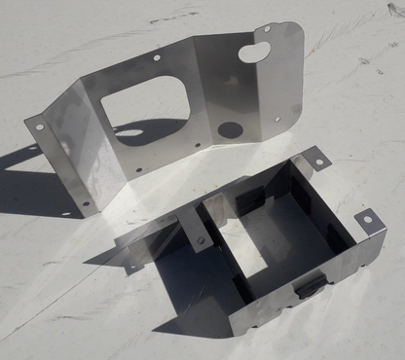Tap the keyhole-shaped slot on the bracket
(262, 46)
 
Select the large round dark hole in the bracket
(230, 129)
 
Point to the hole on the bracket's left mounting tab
(39, 125)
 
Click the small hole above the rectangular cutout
(156, 57)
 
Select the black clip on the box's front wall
(310, 284)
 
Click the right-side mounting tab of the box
(369, 221)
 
